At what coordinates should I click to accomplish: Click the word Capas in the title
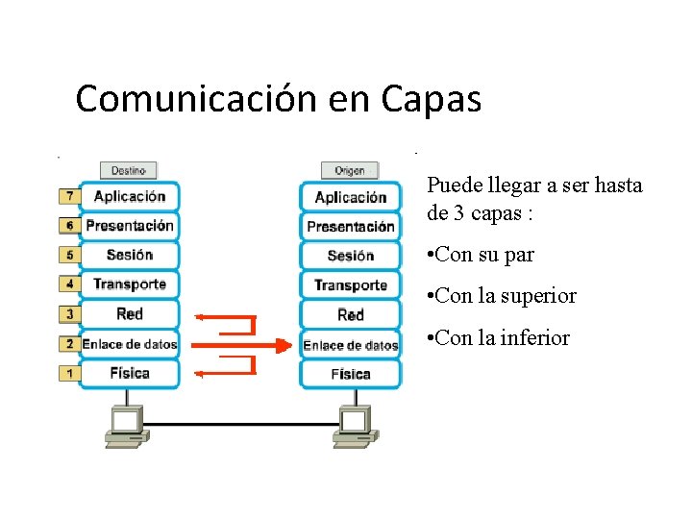(x=431, y=99)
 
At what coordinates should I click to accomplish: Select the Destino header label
(x=128, y=170)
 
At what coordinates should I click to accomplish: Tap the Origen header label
(x=350, y=171)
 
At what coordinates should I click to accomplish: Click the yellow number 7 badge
(x=69, y=196)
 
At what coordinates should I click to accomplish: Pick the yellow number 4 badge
(x=69, y=284)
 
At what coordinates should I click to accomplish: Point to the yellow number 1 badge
(x=69, y=373)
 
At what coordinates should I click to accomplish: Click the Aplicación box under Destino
(x=130, y=196)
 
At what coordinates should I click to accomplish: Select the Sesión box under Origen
(x=350, y=256)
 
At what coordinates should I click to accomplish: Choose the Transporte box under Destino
(x=130, y=284)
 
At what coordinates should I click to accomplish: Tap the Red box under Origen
(x=350, y=315)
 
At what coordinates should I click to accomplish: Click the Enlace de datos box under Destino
(x=130, y=344)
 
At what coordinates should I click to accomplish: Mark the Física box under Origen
(x=350, y=374)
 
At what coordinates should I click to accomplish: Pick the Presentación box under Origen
(x=350, y=227)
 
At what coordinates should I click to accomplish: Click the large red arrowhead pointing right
(x=282, y=345)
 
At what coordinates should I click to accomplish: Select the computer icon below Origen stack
(x=354, y=426)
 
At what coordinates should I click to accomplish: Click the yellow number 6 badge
(x=69, y=226)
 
